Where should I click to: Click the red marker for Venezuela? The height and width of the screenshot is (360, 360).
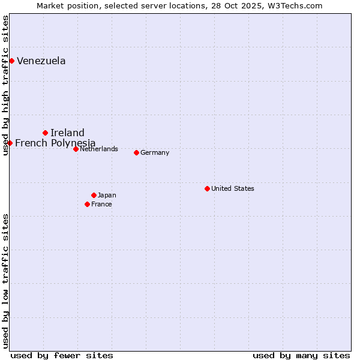pyautogui.click(x=11, y=61)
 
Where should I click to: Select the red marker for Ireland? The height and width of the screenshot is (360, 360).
pyautogui.click(x=45, y=133)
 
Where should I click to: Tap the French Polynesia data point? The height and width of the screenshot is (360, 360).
pyautogui.click(x=10, y=143)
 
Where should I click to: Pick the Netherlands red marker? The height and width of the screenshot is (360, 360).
pyautogui.click(x=76, y=149)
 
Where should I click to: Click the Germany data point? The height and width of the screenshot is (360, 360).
pyautogui.click(x=136, y=152)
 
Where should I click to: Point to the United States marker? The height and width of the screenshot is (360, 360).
pyautogui.click(x=207, y=188)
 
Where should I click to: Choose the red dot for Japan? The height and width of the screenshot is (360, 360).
pyautogui.click(x=94, y=195)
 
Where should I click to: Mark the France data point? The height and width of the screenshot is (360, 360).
pyautogui.click(x=87, y=204)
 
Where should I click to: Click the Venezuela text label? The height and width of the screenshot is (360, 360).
pyautogui.click(x=41, y=61)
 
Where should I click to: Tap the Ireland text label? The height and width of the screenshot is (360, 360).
pyautogui.click(x=67, y=133)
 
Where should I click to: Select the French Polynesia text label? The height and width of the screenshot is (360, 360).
pyautogui.click(x=55, y=143)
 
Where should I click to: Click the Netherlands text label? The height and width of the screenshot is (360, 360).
pyautogui.click(x=99, y=149)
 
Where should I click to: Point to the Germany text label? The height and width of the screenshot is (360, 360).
pyautogui.click(x=155, y=152)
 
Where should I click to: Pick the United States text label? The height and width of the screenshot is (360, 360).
pyautogui.click(x=233, y=188)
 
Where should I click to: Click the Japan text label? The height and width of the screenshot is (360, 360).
pyautogui.click(x=107, y=195)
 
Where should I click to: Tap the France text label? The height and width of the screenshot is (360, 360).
pyautogui.click(x=101, y=204)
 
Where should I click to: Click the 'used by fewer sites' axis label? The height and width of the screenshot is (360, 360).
pyautogui.click(x=62, y=355)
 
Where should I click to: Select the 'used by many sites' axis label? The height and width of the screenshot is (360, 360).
pyautogui.click(x=301, y=355)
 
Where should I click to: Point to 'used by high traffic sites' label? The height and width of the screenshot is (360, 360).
pyautogui.click(x=5, y=86)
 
